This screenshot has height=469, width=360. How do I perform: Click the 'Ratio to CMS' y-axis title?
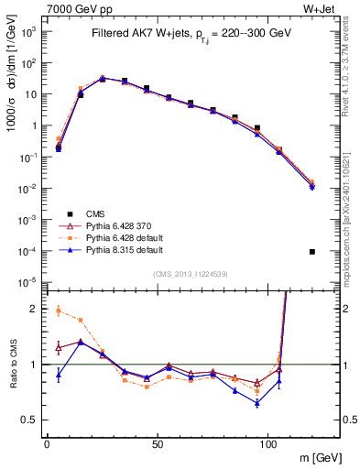point(13,364)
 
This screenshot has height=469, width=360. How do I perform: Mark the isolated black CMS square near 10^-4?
point(312,252)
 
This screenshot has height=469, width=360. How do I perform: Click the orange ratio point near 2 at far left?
point(59,311)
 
